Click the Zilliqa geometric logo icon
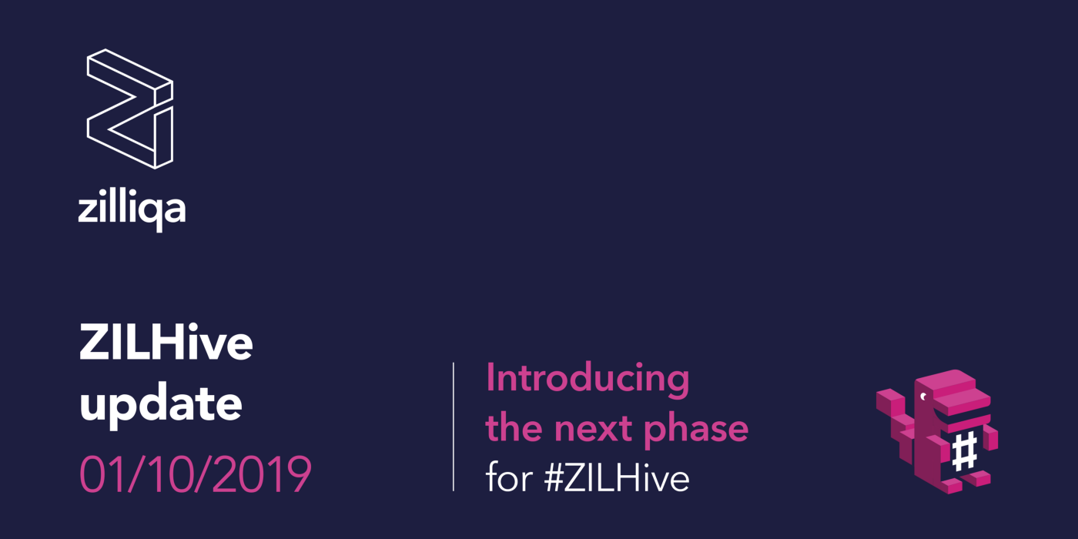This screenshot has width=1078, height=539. pyautogui.click(x=129, y=109)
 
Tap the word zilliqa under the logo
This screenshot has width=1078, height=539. pyautogui.click(x=132, y=208)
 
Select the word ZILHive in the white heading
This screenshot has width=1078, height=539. pyautogui.click(x=166, y=344)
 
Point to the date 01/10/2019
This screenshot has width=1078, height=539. pyautogui.click(x=196, y=475)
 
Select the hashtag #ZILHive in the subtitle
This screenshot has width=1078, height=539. pyautogui.click(x=617, y=478)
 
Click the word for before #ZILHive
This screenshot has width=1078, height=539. pyautogui.click(x=509, y=478)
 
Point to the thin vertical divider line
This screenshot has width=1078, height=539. pyautogui.click(x=454, y=427)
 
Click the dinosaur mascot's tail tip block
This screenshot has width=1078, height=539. pyautogui.click(x=888, y=399)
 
